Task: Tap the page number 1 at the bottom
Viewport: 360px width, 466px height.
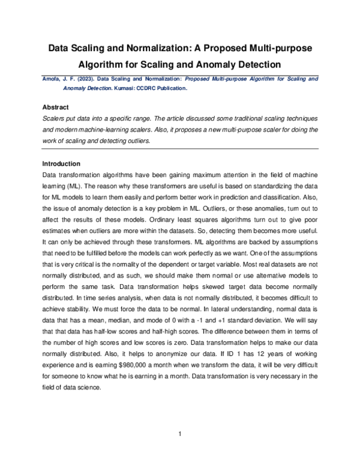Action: tap(180, 434)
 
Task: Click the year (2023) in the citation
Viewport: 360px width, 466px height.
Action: tap(82, 79)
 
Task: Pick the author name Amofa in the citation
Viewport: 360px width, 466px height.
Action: tap(51, 79)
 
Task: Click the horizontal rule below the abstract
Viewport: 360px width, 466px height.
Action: tap(180, 148)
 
